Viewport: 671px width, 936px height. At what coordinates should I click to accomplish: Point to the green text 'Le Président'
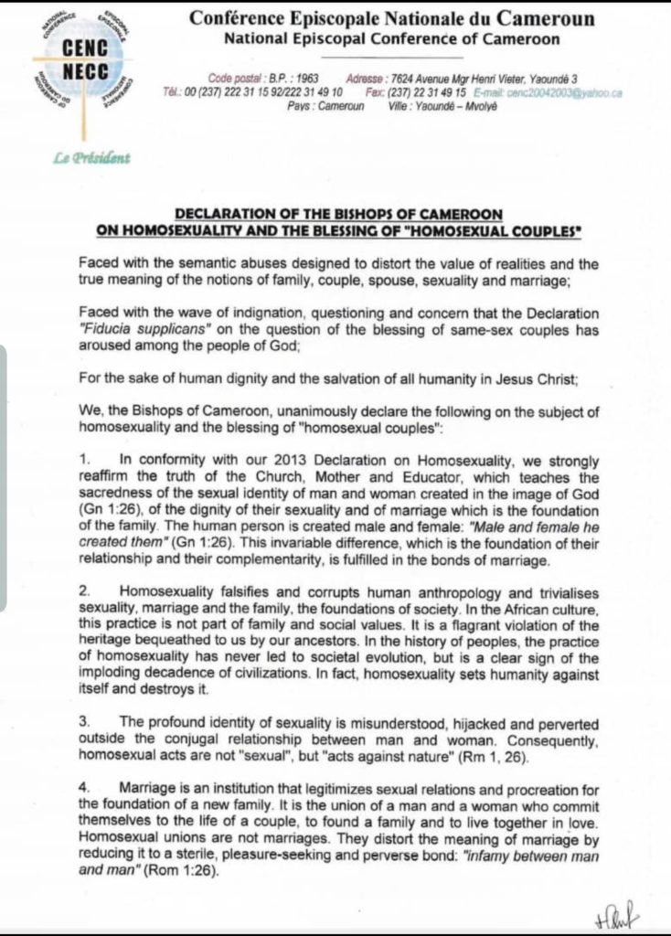(x=92, y=157)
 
